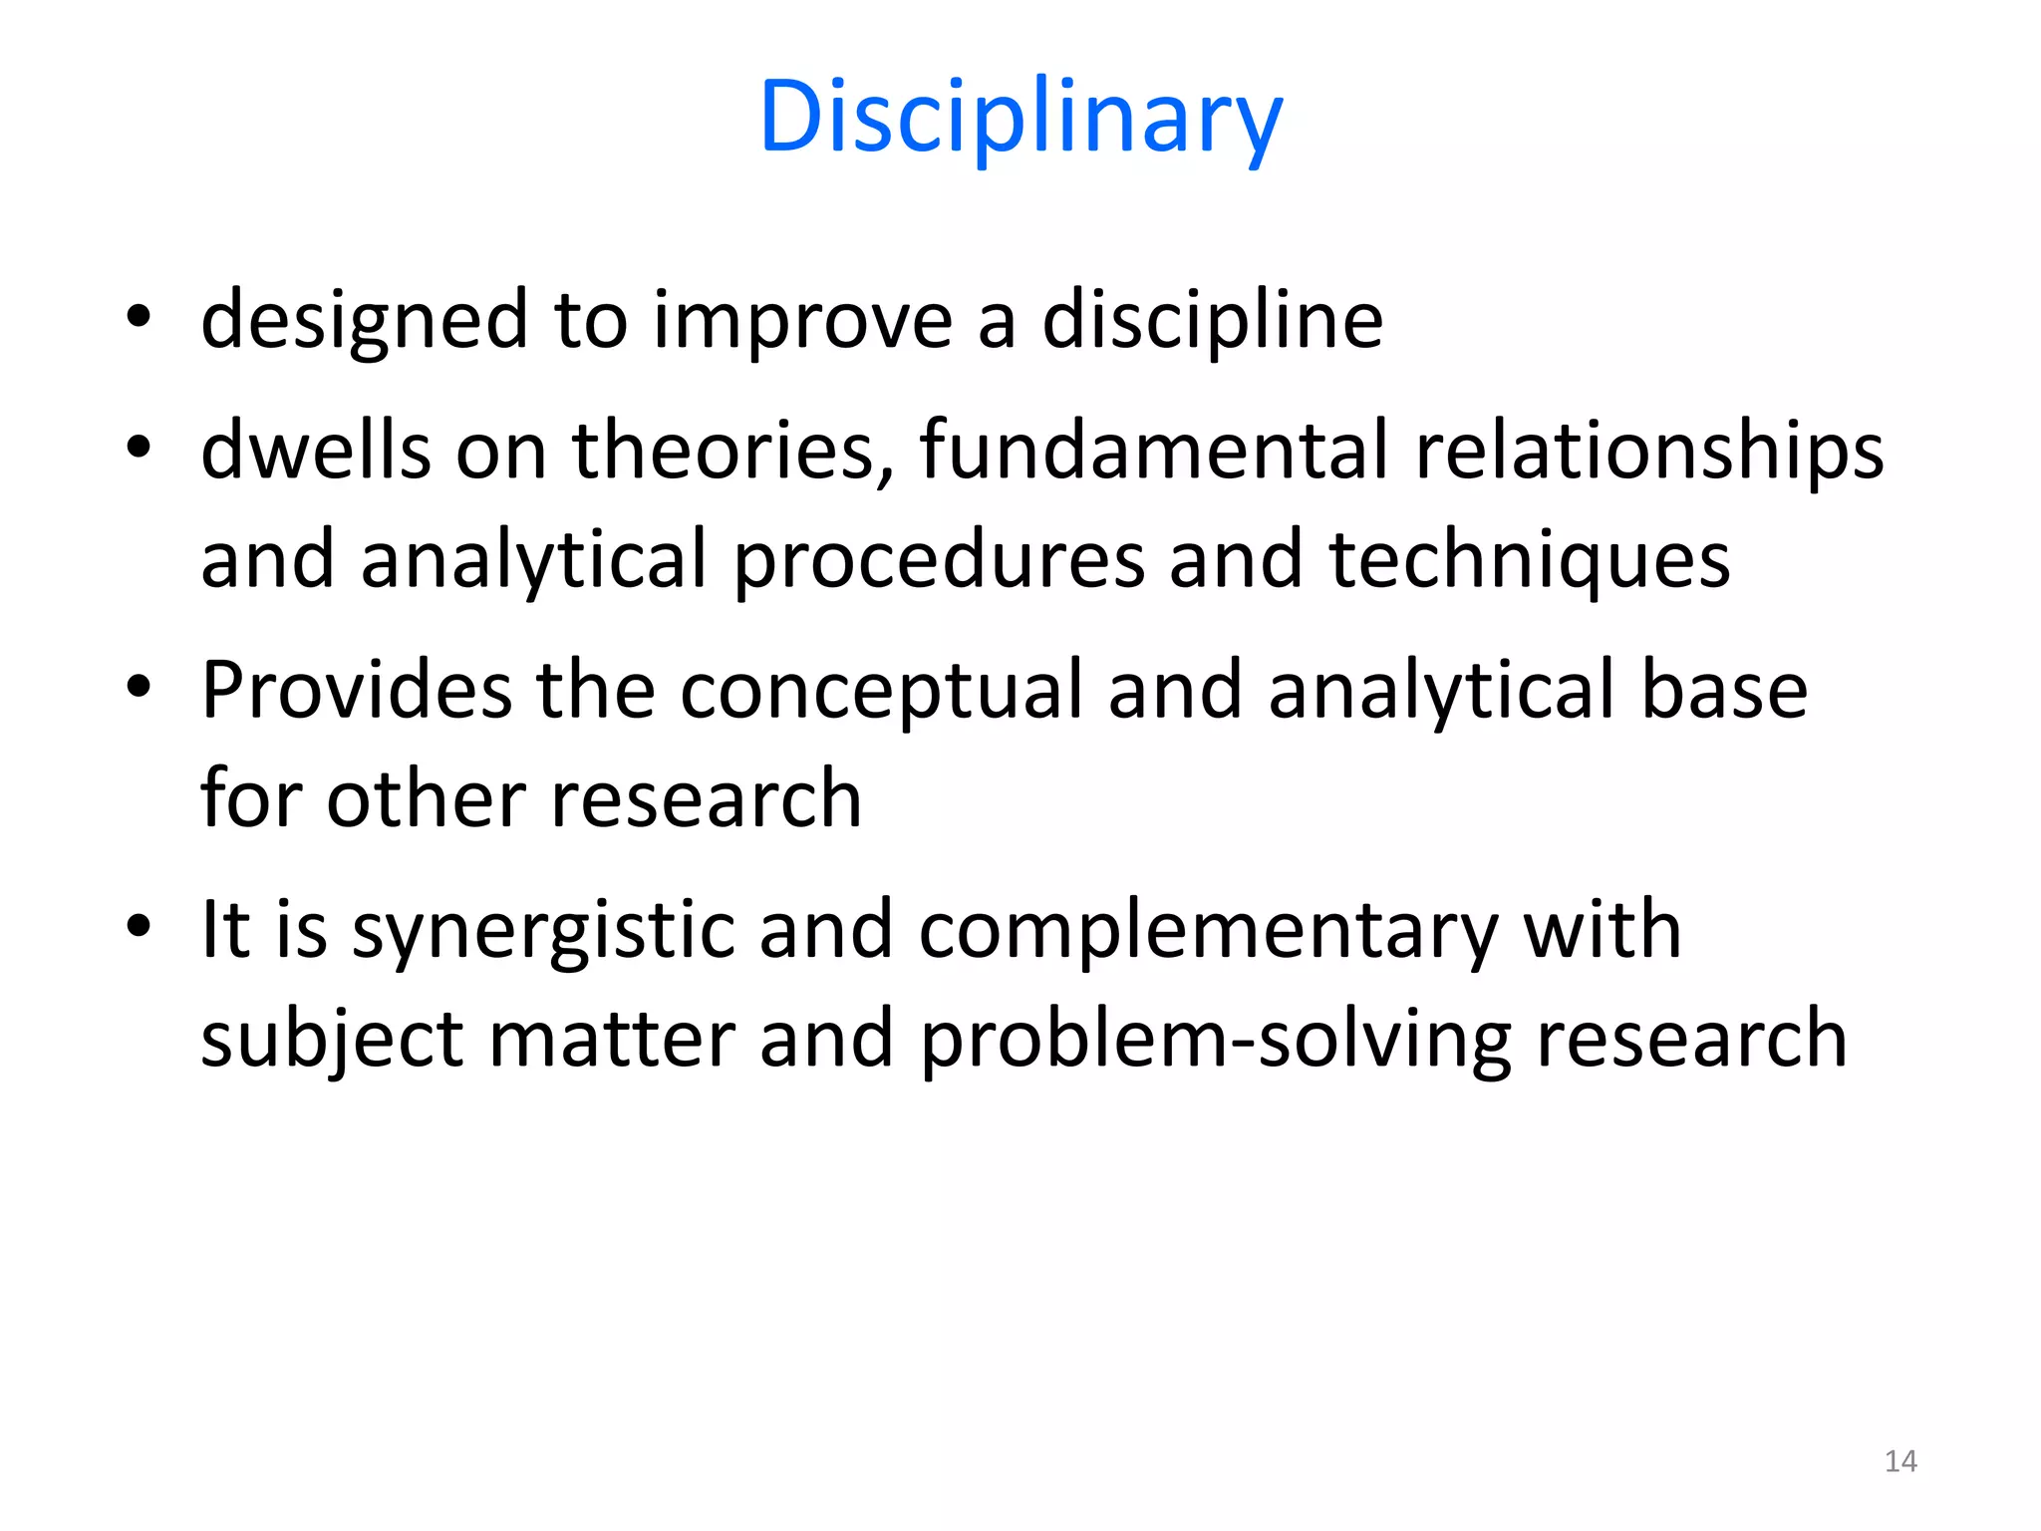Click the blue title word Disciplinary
pos(1020,118)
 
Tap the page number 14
pos(1900,1461)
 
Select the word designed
pos(364,321)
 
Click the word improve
pos(802,321)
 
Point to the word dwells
pos(316,451)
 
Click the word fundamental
pos(1154,451)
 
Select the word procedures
pos(939,560)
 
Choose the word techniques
pos(1530,560)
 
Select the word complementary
pos(1208,930)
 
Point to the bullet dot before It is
pos(139,925)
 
